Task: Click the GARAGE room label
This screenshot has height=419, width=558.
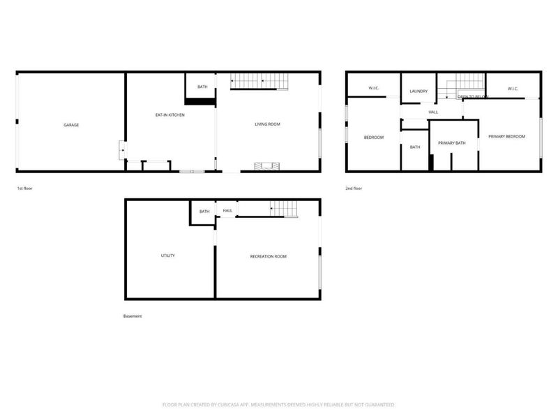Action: [71, 125]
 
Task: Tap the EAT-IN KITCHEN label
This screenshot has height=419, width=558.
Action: [169, 115]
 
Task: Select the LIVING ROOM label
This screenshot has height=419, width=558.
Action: [267, 124]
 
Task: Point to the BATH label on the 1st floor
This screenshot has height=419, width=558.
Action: [202, 87]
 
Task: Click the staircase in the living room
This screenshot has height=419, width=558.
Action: [259, 82]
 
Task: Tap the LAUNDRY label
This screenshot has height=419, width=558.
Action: [418, 91]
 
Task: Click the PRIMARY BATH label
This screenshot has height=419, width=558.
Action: [451, 143]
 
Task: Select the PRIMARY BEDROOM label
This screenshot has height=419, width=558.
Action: [507, 136]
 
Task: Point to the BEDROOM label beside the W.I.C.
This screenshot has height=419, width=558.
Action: [374, 137]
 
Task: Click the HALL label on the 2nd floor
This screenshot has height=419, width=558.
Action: [433, 112]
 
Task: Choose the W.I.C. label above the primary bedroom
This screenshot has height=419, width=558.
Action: [513, 89]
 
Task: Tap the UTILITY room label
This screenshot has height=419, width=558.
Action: [168, 256]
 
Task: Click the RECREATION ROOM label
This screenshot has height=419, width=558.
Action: [269, 256]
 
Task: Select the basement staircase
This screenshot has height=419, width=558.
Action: [284, 208]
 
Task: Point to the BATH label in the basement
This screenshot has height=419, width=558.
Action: [204, 212]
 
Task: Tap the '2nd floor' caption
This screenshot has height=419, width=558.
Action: [354, 189]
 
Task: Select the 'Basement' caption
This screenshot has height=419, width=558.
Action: [133, 316]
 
